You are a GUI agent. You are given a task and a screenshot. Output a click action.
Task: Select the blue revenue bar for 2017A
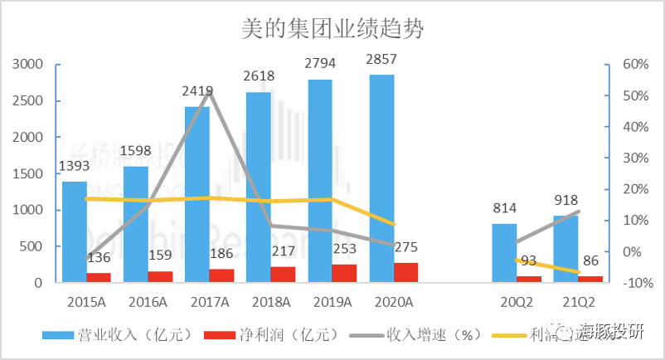pos(197,199)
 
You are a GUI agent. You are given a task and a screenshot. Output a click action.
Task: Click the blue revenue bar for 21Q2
pos(565,249)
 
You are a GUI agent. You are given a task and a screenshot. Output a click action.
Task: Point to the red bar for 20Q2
pos(529,279)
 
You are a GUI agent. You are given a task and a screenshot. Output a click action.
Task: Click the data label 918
pos(565,200)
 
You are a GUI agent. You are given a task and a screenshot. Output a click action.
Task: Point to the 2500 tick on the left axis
pos(32,101)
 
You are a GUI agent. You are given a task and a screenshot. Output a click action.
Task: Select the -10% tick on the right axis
pos(632,283)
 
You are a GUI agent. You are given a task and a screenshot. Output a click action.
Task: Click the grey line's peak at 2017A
pos(210,90)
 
